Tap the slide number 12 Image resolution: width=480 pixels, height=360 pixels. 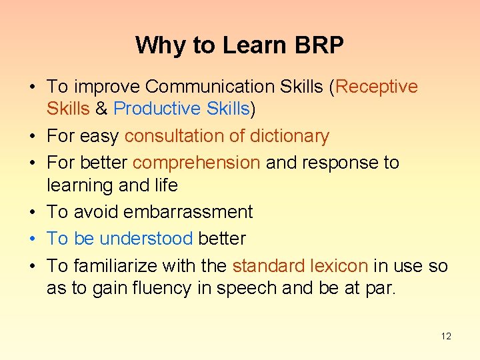point(446,336)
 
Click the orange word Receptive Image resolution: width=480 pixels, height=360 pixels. point(377,87)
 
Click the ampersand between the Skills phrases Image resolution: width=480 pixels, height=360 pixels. point(101,109)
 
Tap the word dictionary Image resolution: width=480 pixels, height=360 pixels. point(289,136)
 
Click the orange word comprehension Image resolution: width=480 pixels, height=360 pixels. point(197,163)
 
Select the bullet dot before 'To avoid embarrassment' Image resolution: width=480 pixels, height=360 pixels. point(32,213)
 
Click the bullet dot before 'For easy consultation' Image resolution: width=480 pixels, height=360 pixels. point(32,137)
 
